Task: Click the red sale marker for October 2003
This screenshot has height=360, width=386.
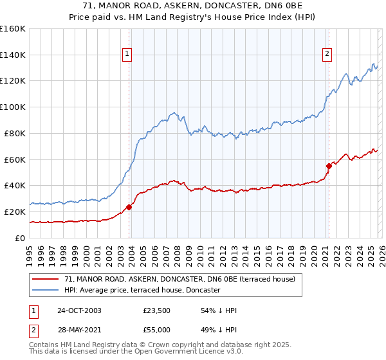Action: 129,207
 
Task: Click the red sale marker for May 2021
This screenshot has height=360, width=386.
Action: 329,166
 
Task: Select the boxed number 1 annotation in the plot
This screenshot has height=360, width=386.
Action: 127,55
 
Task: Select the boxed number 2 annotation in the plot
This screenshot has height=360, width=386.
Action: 327,55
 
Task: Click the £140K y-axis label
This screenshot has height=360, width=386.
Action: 12,55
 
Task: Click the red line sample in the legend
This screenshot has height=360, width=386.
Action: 46,279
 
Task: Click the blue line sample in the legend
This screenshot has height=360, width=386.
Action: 46,291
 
